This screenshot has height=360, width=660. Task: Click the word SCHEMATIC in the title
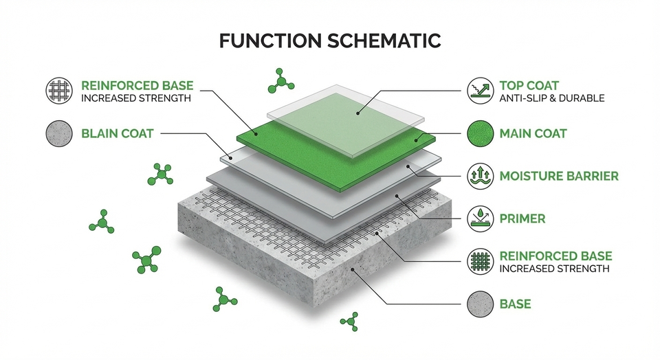coord(384,41)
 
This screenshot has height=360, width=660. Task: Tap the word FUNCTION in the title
coord(270,41)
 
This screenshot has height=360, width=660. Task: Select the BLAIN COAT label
coord(118,134)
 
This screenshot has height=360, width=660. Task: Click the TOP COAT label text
coord(529,85)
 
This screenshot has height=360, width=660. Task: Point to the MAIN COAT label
coord(533,134)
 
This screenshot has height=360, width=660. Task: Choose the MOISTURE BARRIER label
coord(559,176)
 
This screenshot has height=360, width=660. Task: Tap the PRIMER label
coord(522,218)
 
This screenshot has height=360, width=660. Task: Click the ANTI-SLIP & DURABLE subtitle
coord(552,98)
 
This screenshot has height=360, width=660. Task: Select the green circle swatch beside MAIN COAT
coord(481,134)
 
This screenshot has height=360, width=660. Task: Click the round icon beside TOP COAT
coord(481,91)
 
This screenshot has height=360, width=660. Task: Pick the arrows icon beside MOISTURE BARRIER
coord(481,176)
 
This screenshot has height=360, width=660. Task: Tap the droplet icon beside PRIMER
coord(481,218)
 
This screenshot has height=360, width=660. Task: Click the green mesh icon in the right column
coord(481,262)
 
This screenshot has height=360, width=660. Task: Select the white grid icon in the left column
coord(59,91)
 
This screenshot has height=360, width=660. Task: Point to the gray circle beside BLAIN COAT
coord(59,134)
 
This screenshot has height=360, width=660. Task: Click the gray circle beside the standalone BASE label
coord(481,304)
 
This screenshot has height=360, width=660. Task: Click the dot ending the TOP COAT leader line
coord(357,113)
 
